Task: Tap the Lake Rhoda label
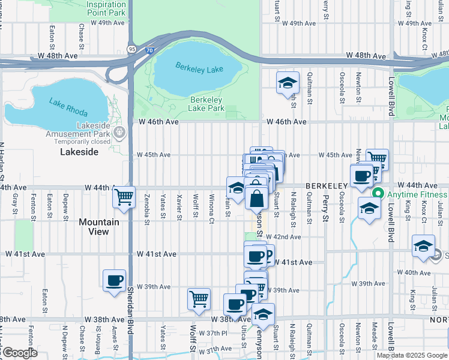69,107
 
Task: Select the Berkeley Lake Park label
206,104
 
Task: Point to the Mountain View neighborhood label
98,227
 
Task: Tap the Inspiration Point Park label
106,7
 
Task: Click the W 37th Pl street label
217,333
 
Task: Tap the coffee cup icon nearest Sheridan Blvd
114,281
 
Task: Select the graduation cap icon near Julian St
423,247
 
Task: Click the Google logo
20,353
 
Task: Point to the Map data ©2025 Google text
412,355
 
